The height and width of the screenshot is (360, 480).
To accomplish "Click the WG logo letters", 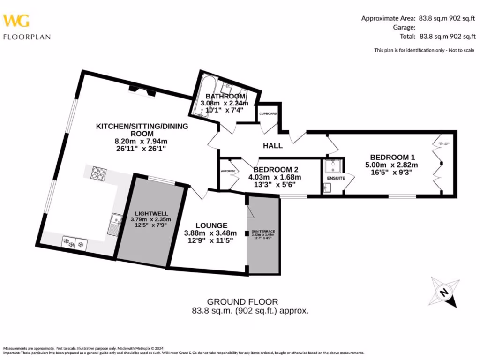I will tap(16, 21).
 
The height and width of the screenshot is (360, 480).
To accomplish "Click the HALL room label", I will tap(272, 145).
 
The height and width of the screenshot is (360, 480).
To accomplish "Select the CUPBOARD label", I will tap(268, 114).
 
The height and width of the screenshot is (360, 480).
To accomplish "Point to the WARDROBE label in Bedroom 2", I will tap(227, 171).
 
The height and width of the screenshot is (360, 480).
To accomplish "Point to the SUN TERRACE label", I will tap(263, 232).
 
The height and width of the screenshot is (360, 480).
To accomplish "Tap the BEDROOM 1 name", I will tap(392, 157).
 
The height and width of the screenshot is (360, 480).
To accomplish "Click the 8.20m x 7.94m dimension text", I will tap(132, 141).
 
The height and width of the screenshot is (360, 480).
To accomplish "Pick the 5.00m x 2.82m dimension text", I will tap(391, 165).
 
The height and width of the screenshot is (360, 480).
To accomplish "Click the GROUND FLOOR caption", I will tap(243, 302).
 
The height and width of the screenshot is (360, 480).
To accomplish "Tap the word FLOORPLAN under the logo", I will tap(27, 37).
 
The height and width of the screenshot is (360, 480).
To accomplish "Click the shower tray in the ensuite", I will tap(333, 167).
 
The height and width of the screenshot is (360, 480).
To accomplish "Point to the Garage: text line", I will tap(405, 27).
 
